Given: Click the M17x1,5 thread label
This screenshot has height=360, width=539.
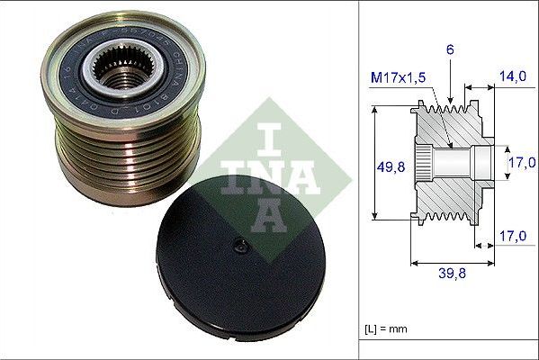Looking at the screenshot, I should pyautogui.click(x=400, y=77).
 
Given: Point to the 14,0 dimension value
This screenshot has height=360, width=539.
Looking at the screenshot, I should pyautogui.click(x=514, y=77).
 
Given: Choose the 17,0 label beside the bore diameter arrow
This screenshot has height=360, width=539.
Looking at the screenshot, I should pyautogui.click(x=521, y=163).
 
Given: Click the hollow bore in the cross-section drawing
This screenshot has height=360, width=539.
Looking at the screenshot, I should pyautogui.click(x=468, y=162).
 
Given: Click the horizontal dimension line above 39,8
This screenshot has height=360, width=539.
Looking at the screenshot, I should pyautogui.click(x=453, y=264).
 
